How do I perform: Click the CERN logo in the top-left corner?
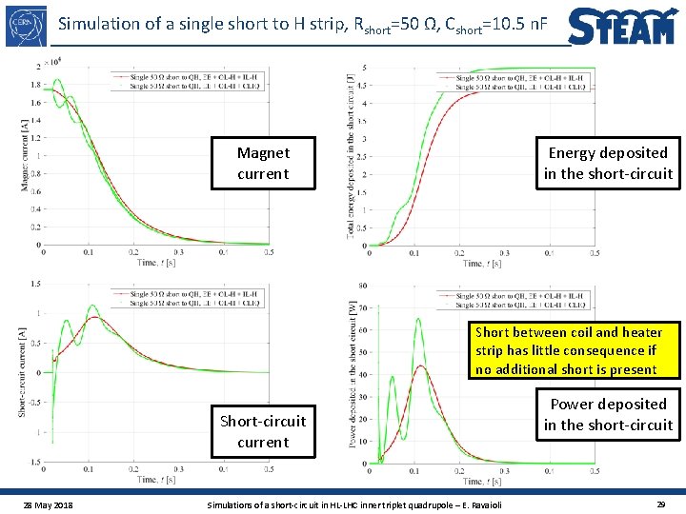pyautogui.click(x=27, y=27)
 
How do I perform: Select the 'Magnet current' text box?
pyautogui.click(x=263, y=163)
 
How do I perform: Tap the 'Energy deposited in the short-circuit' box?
pyautogui.click(x=608, y=163)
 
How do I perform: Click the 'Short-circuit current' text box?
pyautogui.click(x=263, y=431)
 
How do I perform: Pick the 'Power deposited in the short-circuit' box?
pyautogui.click(x=608, y=414)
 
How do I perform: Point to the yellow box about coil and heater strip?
pyautogui.click(x=568, y=350)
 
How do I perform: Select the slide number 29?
pyautogui.click(x=660, y=502)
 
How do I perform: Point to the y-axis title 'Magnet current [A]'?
pyautogui.click(x=24, y=153)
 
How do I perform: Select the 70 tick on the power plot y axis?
pyautogui.click(x=353, y=306)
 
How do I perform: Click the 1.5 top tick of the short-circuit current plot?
pyautogui.click(x=34, y=284)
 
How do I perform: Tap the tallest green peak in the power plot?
pyautogui.click(x=418, y=320)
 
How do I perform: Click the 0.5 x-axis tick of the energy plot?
pyautogui.click(x=595, y=253)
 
